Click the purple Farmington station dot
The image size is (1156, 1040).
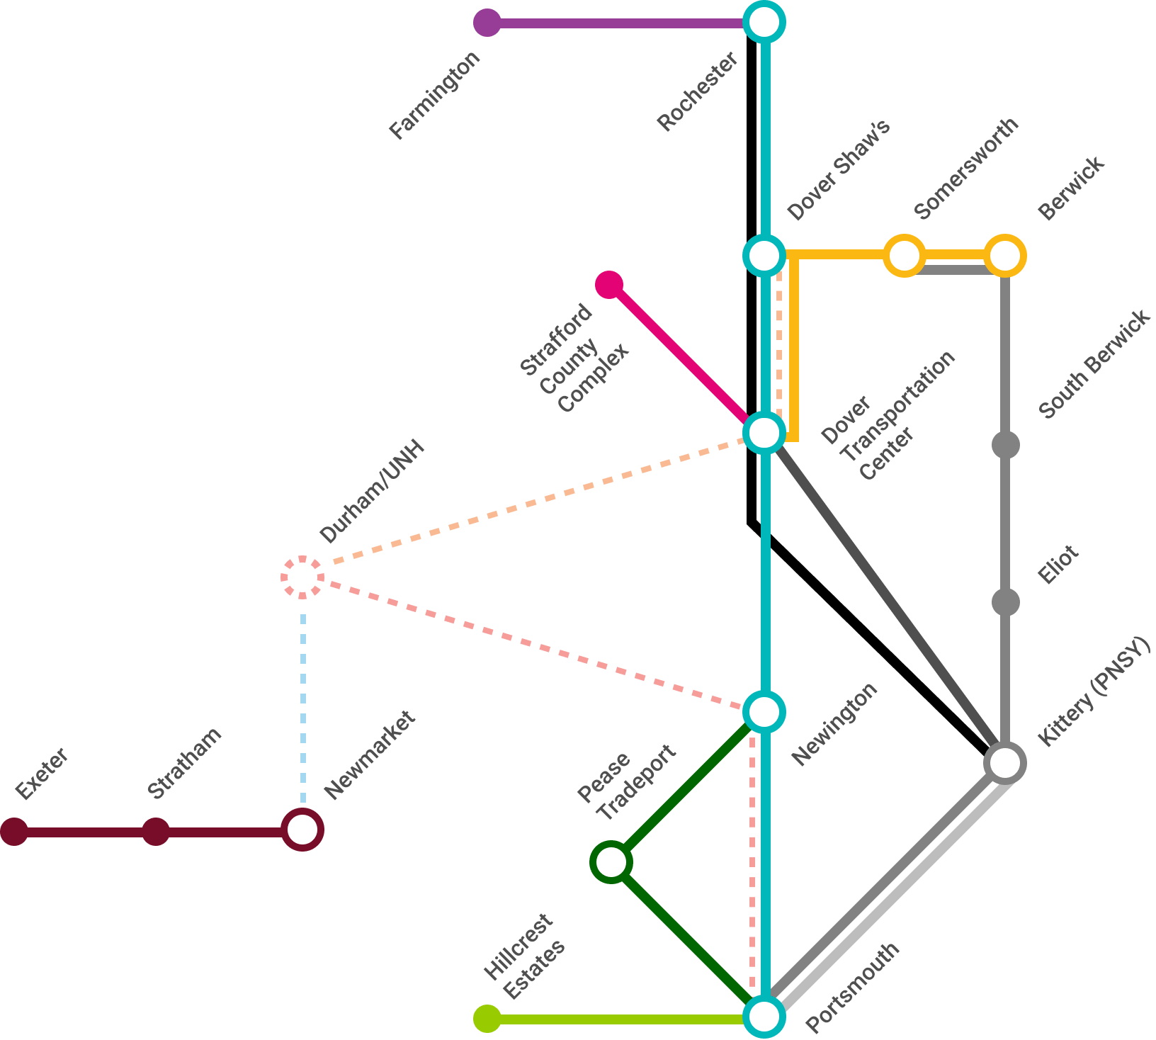pos(487,23)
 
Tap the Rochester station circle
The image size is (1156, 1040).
pos(764,23)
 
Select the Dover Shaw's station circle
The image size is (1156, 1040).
pos(764,255)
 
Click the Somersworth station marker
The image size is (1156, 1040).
pos(904,255)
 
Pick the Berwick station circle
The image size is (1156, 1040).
pos(1004,255)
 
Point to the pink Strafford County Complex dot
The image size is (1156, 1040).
pos(609,285)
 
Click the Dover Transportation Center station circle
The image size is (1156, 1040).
pos(764,432)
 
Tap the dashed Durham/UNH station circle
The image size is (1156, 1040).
pos(302,577)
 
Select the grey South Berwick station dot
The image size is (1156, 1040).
pos(1005,445)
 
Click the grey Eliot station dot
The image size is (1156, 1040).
pos(1005,602)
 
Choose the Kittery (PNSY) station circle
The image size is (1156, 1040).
pos(1004,763)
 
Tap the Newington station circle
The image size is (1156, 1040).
pos(764,711)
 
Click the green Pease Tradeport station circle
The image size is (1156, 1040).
pos(611,862)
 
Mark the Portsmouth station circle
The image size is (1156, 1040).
pos(764,1017)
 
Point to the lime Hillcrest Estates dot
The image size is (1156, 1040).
pos(487,1019)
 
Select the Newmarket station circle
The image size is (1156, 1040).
pos(302,830)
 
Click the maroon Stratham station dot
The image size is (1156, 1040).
pos(156,831)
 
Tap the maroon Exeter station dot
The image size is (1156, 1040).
pos(14,831)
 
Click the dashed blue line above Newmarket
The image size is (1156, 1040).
pos(303,701)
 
